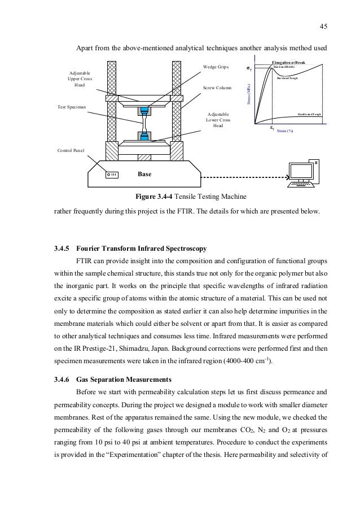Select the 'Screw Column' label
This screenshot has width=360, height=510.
coord(217,89)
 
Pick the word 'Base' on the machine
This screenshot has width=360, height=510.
coord(145,174)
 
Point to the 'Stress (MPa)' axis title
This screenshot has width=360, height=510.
coord(249,93)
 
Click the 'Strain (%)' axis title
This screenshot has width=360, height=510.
coord(286,130)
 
